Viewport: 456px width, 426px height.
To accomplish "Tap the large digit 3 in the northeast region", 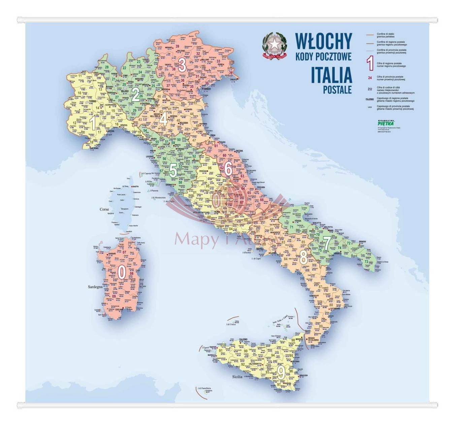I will coord(183,65).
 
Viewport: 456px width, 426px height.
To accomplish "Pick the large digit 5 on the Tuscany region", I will coord(172,170).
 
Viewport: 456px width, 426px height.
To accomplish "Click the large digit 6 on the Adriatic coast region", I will coord(228,169).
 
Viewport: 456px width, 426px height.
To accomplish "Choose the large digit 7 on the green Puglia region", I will coord(326,243).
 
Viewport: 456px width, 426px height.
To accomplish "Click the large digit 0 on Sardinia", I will coord(122,271).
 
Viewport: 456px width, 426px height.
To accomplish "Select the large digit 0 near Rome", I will coord(216,201).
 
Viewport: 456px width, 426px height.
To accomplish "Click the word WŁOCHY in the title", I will coord(323,41).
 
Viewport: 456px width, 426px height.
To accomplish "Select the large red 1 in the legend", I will coord(370,64).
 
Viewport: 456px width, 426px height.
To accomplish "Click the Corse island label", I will coord(104,209).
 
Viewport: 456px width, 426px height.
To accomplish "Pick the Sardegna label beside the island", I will coord(95,287).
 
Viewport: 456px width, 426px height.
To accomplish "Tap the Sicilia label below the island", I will coord(237,377).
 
